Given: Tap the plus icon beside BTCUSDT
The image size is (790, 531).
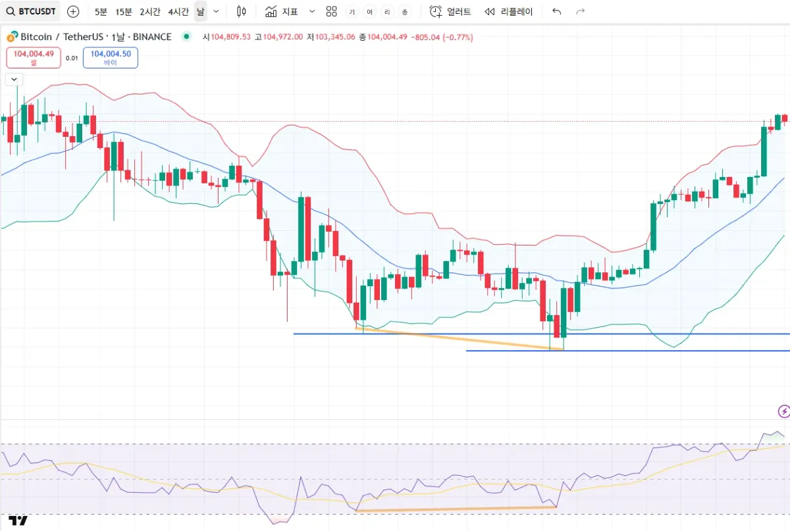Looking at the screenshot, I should pos(73,11).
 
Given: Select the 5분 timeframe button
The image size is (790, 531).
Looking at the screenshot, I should pos(101,11).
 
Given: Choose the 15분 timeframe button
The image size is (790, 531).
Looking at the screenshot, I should pos(123,11).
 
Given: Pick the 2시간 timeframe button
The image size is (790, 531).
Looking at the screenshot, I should pos(149,11).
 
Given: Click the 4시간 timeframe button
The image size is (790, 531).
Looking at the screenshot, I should pos(178,11).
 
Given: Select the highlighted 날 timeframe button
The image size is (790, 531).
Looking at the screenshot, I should pos(200,11).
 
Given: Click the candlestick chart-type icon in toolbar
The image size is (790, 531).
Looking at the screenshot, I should pos(241,11).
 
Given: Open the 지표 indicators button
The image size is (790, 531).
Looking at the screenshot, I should pos(282,11).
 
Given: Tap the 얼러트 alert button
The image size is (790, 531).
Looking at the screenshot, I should pos(450,11).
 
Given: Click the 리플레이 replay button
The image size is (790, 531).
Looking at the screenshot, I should pos(508,11).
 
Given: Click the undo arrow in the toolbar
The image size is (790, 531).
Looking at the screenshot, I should pos(557,11).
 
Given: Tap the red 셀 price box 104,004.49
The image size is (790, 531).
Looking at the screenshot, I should pos(34,57).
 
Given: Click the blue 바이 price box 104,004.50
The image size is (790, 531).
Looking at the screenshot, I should pos(111,57).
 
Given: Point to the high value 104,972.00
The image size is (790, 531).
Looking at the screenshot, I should pos(282,38).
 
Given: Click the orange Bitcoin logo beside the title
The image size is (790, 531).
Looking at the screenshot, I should pos(12,37).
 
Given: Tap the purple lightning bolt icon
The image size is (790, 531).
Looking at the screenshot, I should pos(783,412).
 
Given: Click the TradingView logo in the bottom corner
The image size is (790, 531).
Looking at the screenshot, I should pos(19,521).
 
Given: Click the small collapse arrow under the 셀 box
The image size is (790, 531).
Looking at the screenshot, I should pos(14,79).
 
